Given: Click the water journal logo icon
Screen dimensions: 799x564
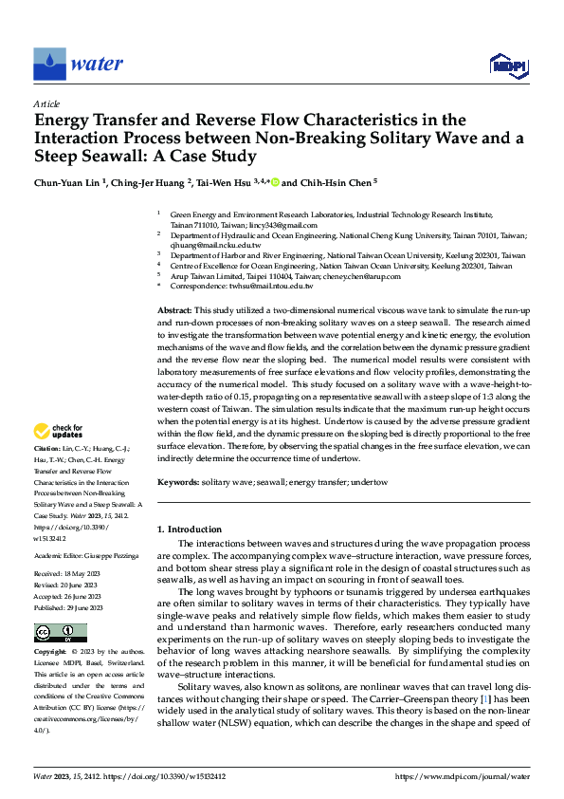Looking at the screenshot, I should [50, 63].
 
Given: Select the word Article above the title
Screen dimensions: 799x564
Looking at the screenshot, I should [46, 103].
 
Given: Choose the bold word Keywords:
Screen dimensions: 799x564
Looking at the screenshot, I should [178, 483].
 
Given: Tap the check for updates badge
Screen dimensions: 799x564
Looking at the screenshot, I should [61, 433].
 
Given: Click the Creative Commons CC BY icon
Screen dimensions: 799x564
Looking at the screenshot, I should [60, 633].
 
